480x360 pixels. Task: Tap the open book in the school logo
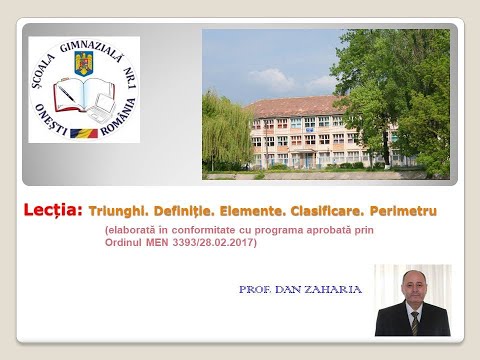coord(84,98)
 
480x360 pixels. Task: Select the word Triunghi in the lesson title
coord(118,213)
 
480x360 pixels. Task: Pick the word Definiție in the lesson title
coord(192,213)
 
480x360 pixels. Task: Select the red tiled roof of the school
coord(290,105)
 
